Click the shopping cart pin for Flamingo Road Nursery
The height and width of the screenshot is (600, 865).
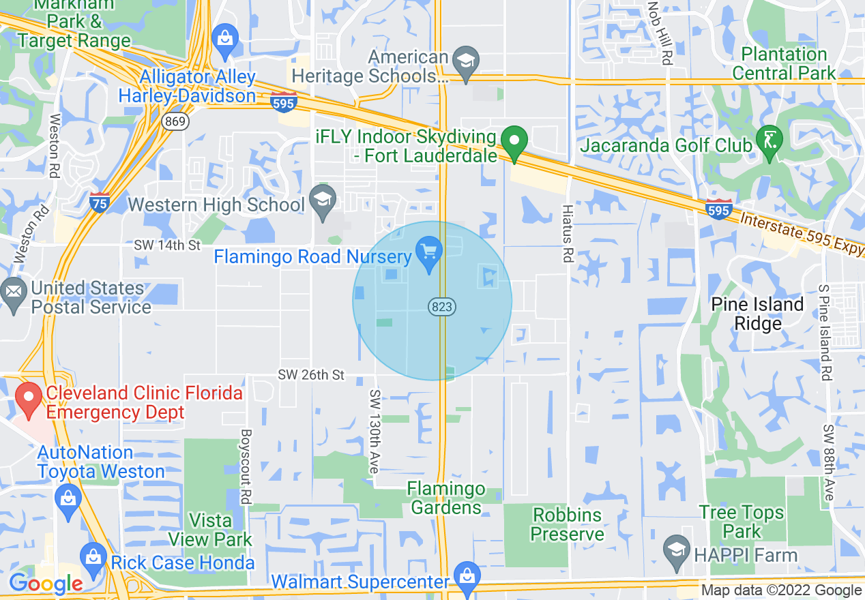[x=429, y=254]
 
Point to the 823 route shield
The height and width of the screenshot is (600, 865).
[x=442, y=307]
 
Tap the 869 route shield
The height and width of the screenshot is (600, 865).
[x=175, y=121]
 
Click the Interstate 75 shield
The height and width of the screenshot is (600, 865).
[x=100, y=202]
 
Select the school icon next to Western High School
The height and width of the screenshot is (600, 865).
[x=322, y=200]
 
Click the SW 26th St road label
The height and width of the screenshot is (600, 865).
[x=311, y=375]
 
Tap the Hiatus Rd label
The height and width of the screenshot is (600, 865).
[x=567, y=233]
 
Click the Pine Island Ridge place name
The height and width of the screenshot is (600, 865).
[x=757, y=314]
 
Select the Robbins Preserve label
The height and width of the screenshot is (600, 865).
[x=567, y=524]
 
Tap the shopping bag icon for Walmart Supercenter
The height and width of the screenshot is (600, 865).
[x=467, y=573]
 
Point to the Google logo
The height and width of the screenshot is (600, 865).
[x=45, y=584]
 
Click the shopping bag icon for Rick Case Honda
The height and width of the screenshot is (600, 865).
[x=93, y=555]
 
